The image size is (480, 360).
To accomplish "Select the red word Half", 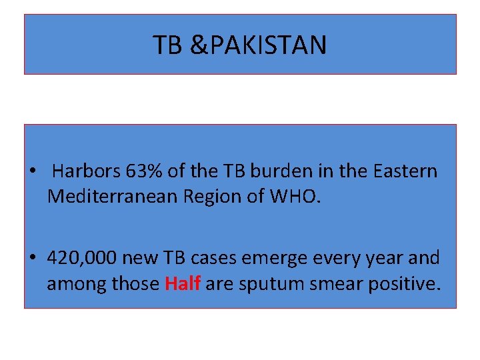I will [182, 283].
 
